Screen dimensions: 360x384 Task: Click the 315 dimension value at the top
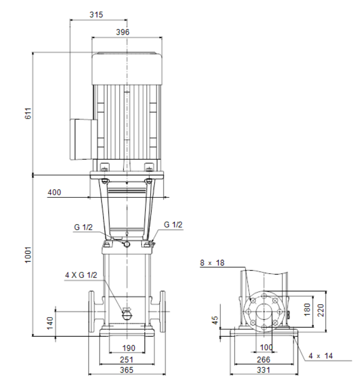pos(96,15)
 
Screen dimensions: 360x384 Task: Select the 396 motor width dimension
pos(123,32)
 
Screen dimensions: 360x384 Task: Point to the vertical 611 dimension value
pos(28,113)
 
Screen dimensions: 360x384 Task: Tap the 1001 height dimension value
pos(28,255)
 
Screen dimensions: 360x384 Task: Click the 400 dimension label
pos(54,193)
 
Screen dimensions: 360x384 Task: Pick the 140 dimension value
pos(50,323)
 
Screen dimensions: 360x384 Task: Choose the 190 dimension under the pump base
pos(129,348)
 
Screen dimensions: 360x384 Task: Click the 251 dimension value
pos(127,359)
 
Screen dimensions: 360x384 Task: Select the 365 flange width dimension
pos(127,370)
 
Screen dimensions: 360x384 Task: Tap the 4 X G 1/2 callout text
pos(81,275)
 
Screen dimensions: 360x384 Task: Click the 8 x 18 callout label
pos(212,263)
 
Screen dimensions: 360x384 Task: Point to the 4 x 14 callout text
pos(321,356)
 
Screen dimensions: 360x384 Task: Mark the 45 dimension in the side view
pos(214,320)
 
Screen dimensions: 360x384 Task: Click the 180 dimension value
pos(307,309)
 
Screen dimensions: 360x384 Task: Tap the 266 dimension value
pos(264,359)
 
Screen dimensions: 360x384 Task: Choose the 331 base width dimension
pos(264,370)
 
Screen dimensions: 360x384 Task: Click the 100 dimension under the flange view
pos(266,347)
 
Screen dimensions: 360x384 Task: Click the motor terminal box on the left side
pos(83,139)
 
